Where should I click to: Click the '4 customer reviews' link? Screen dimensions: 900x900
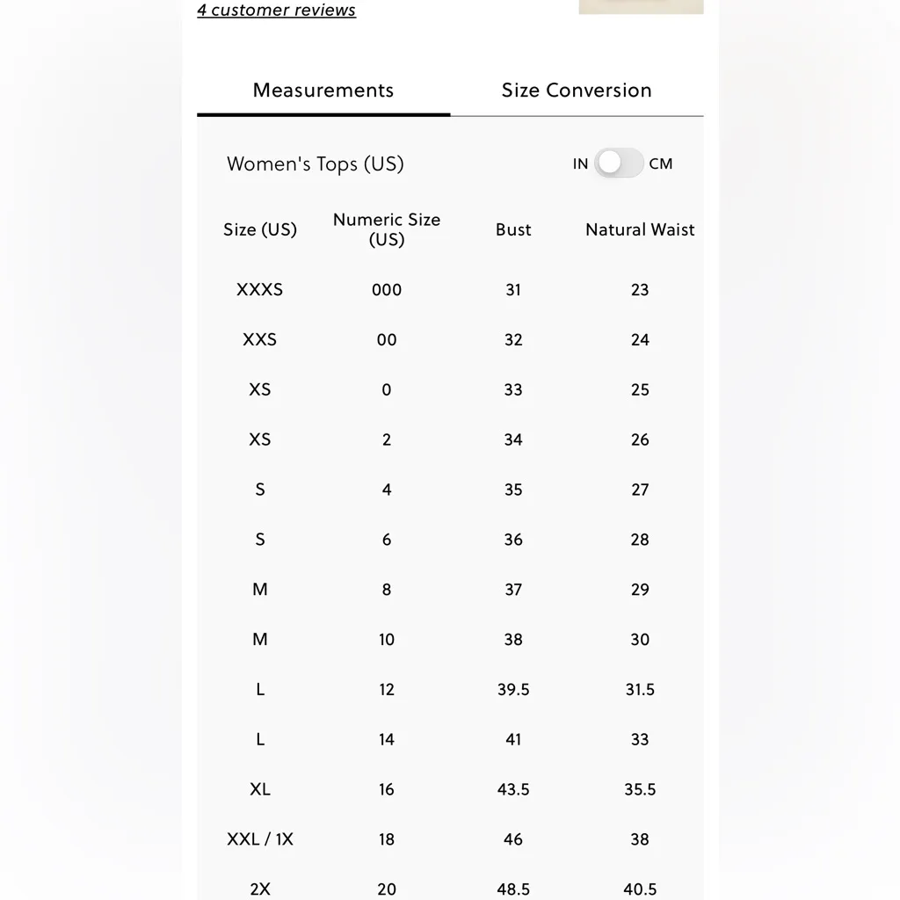(x=276, y=11)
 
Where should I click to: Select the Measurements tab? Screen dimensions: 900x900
(x=323, y=91)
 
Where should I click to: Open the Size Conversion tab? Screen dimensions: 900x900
(x=577, y=91)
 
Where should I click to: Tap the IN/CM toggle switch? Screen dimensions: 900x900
(x=619, y=163)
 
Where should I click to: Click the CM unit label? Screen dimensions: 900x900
(x=661, y=163)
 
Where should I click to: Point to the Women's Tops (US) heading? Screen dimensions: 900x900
(x=315, y=164)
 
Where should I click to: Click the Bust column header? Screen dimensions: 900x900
(x=513, y=229)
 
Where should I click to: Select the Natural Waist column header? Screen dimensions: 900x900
(x=640, y=229)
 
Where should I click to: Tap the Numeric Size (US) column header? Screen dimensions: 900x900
(x=387, y=229)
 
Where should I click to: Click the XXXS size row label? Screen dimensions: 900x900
(x=259, y=289)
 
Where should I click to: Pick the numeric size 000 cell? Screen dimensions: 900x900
(x=387, y=289)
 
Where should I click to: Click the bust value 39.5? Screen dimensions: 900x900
(x=513, y=690)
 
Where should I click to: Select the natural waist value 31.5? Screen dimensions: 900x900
(x=640, y=690)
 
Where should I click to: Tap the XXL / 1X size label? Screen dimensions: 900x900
(x=260, y=839)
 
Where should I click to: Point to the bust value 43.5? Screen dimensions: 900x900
(x=513, y=789)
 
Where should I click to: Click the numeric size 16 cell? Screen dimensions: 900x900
(x=387, y=789)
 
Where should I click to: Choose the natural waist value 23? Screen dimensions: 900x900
(x=640, y=289)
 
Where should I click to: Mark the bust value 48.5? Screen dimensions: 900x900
(x=513, y=889)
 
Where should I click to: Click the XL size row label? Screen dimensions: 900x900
(x=260, y=789)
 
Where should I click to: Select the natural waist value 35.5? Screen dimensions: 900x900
(x=640, y=789)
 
